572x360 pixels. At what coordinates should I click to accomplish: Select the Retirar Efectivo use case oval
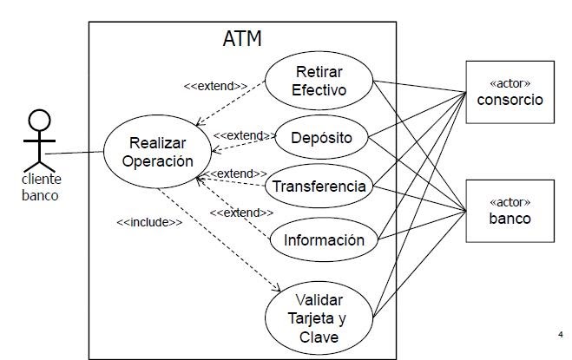click(x=319, y=81)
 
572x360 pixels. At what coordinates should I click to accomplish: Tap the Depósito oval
click(x=322, y=138)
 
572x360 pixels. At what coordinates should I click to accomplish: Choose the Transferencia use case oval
click(x=318, y=187)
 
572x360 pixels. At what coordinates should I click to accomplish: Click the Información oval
click(x=324, y=240)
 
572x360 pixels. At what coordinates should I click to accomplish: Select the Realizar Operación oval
click(x=156, y=152)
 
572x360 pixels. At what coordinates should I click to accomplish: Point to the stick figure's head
click(x=40, y=121)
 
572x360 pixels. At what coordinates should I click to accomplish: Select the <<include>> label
click(x=149, y=222)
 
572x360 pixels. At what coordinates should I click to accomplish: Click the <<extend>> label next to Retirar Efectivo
click(x=215, y=86)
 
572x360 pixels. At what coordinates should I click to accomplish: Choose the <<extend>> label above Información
click(x=242, y=213)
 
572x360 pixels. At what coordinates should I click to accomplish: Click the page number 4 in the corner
click(x=561, y=334)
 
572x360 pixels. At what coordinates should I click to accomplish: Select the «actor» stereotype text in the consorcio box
click(x=510, y=82)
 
